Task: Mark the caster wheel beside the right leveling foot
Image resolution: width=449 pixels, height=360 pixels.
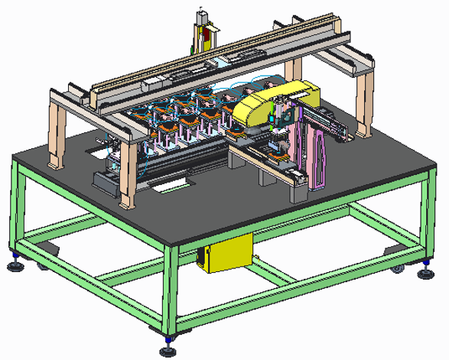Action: click(x=397, y=268)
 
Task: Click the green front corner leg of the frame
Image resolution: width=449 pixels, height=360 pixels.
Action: click(x=169, y=290)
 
